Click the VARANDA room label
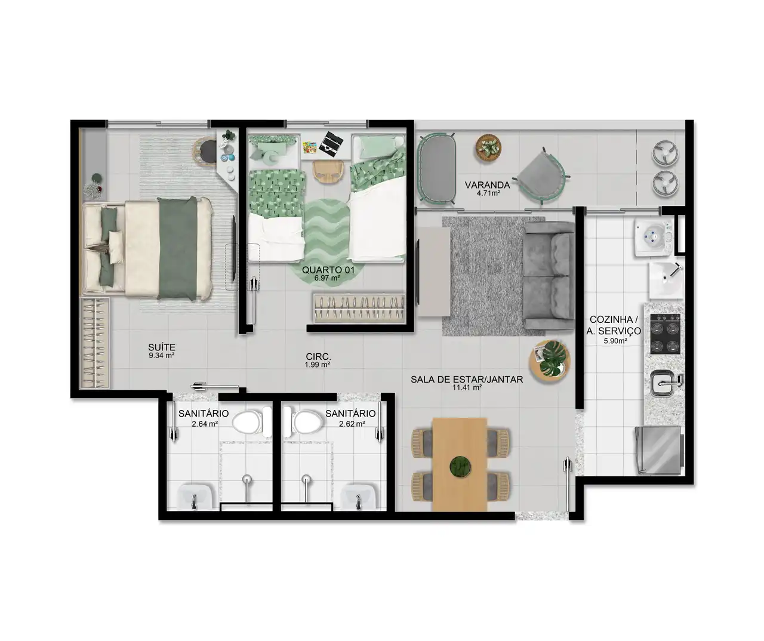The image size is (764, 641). click(488, 185)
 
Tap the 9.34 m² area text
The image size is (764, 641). click(161, 355)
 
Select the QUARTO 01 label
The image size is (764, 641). click(328, 270)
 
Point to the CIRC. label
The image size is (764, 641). click(318, 356)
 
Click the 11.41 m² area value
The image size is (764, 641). click(467, 387)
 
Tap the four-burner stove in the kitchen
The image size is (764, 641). click(665, 334)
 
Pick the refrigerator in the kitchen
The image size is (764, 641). click(660, 451)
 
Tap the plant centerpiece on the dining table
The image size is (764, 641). click(460, 467)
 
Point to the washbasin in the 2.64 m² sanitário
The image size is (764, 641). click(195, 496)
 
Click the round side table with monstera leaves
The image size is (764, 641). click(549, 361)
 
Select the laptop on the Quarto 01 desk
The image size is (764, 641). click(331, 144)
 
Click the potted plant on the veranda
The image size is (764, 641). click(488, 147)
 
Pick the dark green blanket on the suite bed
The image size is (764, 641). click(178, 248)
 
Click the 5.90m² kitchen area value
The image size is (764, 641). click(615, 341)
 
